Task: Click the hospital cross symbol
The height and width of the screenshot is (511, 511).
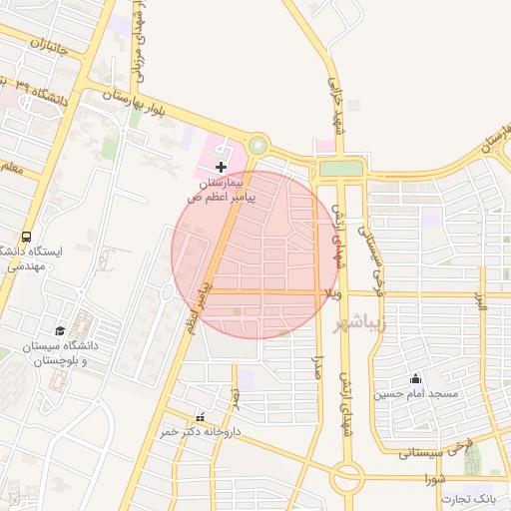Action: (221, 166)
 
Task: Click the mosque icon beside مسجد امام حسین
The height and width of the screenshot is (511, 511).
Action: (415, 379)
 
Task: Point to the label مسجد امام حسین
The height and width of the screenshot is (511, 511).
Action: (415, 394)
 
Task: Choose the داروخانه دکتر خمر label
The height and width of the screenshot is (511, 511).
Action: (203, 432)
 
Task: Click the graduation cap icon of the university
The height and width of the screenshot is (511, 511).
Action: (60, 329)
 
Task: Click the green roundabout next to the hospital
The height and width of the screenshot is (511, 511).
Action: (258, 146)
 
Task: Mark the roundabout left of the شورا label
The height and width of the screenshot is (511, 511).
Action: (347, 478)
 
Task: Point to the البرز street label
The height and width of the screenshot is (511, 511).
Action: (481, 301)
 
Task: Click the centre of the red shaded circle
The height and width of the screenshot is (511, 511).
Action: (255, 255)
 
